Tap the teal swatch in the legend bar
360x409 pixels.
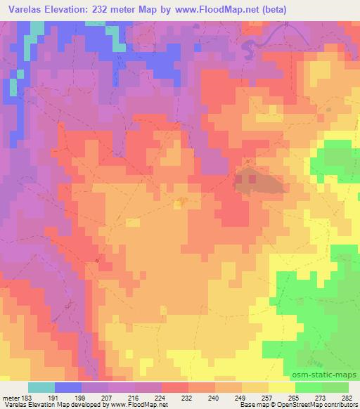pyautogui.click(x=41, y=387)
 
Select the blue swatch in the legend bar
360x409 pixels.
pyautogui.click(x=68, y=387)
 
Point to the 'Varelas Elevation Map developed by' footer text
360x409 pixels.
pyautogui.click(x=49, y=405)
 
